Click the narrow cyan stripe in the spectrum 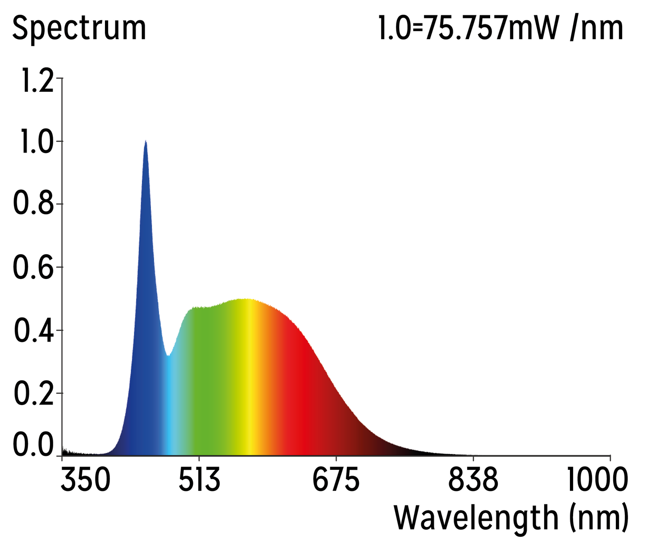pos(169,405)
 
